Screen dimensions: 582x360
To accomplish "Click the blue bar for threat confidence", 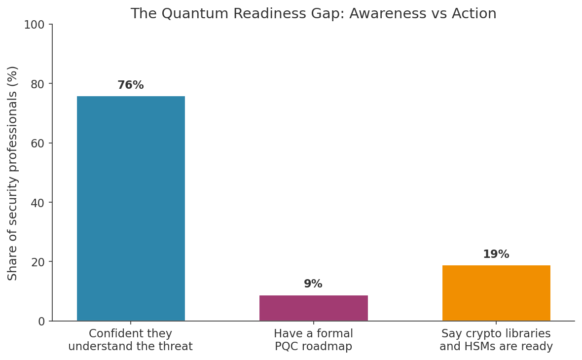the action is pos(131,209).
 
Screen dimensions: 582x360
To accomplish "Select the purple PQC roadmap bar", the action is pos(313,308).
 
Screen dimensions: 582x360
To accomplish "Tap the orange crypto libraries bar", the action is pos(496,293).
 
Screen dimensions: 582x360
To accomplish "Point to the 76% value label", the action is pos(131,85).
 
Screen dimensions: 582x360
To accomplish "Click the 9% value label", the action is pos(313,284).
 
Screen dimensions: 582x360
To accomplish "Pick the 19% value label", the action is pos(496,254).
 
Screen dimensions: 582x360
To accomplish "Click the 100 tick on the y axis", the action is pos(34,25).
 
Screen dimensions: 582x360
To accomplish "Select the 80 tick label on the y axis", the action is pos(37,84).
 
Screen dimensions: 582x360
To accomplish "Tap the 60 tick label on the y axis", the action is pos(37,143).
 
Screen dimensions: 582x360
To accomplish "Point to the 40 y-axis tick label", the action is pos(37,203).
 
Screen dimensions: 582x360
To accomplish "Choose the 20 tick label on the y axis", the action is pos(37,262).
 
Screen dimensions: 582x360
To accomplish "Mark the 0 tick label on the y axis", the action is pos(41,322).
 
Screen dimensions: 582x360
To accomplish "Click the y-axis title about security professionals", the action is pos(12,173).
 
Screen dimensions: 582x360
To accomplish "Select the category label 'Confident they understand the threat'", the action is pos(131,340).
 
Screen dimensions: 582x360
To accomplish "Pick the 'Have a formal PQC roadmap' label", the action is pos(313,340).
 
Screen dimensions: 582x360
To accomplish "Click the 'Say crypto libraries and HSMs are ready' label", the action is pos(496,340).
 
